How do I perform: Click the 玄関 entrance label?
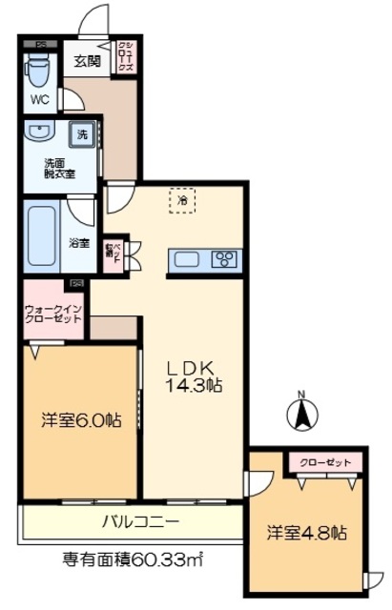(x=87, y=62)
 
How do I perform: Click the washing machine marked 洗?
(x=82, y=135)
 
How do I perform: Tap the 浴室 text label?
(x=79, y=243)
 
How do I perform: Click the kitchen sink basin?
(x=185, y=258)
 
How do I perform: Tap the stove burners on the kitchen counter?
(x=225, y=258)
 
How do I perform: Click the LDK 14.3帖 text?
(x=196, y=376)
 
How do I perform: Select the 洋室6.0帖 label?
(x=80, y=420)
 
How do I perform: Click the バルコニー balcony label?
(x=140, y=521)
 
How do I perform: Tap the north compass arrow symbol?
(x=300, y=415)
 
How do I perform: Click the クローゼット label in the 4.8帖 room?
(x=323, y=463)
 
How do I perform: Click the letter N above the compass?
(x=300, y=394)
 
